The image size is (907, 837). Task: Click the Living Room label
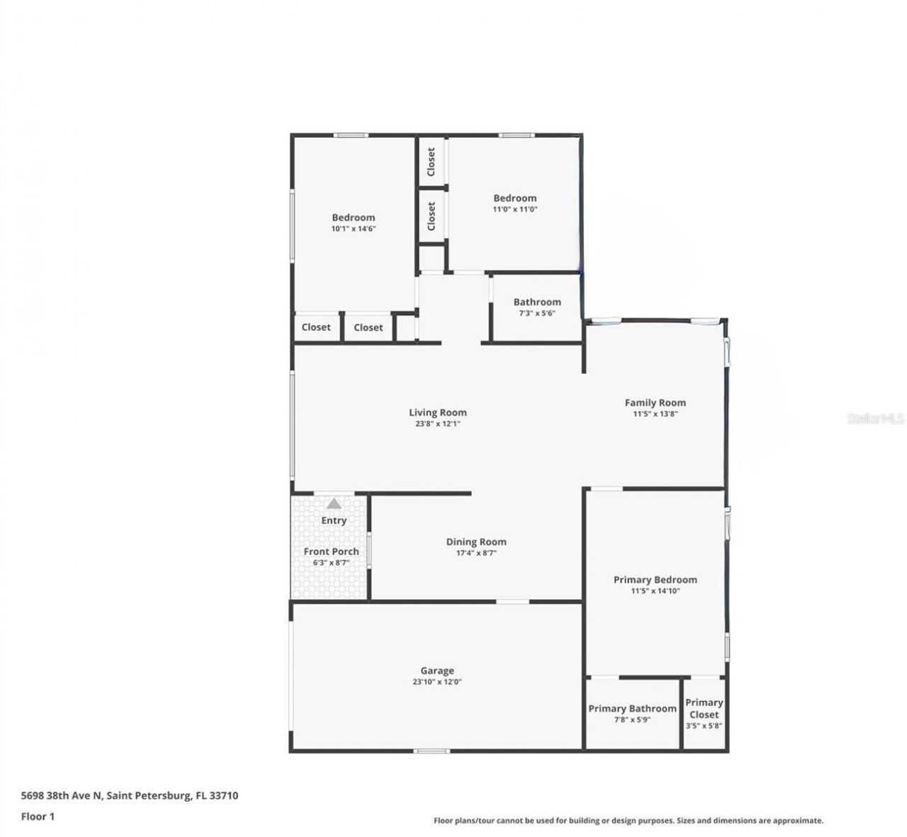(x=437, y=412)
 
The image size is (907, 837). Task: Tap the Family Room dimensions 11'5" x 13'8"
(x=655, y=414)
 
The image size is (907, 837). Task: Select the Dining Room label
(x=476, y=542)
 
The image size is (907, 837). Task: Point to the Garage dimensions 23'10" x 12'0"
(x=437, y=682)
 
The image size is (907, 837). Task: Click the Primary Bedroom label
(x=655, y=579)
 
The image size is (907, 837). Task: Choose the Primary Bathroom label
(x=632, y=708)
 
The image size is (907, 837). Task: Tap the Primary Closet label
(x=704, y=708)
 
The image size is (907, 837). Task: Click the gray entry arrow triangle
(x=334, y=504)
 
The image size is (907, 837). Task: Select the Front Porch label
(x=331, y=551)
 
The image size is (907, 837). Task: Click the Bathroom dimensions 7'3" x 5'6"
(x=537, y=313)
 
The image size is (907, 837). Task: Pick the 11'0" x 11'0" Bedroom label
(x=514, y=198)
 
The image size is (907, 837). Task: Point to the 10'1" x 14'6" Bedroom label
(x=353, y=217)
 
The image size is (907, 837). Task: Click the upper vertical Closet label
(x=431, y=162)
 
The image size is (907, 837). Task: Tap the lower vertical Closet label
(x=431, y=216)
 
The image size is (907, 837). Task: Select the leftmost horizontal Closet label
(x=316, y=327)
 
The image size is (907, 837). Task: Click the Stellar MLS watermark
(x=875, y=418)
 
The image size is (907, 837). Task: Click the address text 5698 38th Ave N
(x=62, y=795)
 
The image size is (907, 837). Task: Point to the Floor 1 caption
(x=38, y=816)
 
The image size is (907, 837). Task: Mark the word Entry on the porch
(x=334, y=520)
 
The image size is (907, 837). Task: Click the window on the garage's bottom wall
(x=432, y=751)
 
